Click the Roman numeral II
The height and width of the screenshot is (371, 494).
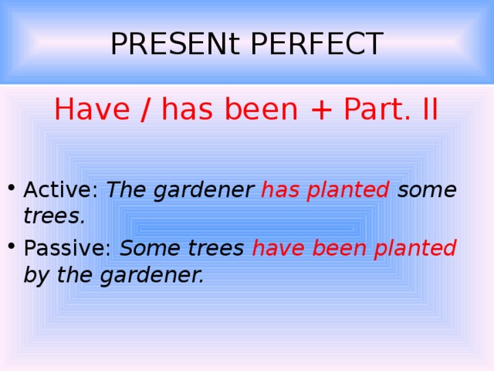click(x=425, y=110)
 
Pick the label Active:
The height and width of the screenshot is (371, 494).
click(x=61, y=189)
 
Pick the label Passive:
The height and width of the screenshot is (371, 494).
click(x=68, y=249)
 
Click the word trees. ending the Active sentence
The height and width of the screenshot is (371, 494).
click(x=53, y=217)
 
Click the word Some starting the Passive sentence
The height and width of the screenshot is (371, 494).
click(x=147, y=249)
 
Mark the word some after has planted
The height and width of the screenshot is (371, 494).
click(x=427, y=189)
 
